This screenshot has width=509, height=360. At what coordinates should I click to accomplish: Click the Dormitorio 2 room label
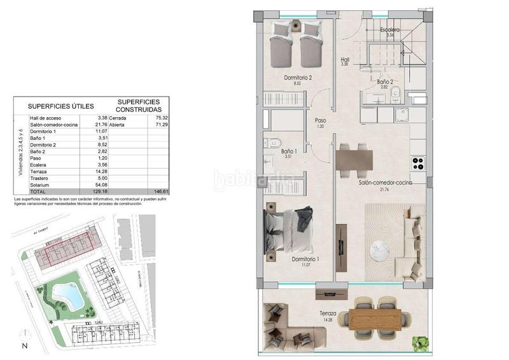[297, 78]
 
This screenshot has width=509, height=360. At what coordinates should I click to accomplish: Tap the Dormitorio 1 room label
[305, 259]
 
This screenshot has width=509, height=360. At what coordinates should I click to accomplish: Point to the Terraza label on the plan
[328, 314]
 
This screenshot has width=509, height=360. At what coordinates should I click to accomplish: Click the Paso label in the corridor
[321, 120]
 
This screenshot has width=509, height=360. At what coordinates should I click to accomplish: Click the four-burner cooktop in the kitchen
[418, 163]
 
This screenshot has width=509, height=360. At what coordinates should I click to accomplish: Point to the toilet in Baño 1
[270, 144]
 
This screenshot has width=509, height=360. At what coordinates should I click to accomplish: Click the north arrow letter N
[24, 345]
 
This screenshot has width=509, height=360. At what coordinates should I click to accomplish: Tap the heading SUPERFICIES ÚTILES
[60, 106]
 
